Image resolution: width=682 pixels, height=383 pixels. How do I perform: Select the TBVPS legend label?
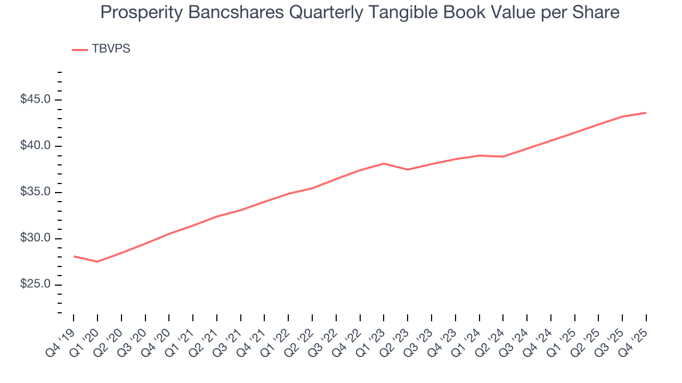point(111,49)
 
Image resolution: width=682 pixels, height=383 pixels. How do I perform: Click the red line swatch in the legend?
point(80,49)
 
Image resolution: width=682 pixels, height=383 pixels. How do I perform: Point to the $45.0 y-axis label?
point(36,100)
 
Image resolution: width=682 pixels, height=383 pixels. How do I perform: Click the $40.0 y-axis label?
point(36,146)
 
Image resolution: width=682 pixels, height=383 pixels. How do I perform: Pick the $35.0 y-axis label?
point(36,193)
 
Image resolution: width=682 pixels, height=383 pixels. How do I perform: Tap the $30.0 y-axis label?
point(36,238)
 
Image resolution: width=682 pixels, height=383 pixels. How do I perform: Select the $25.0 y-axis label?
point(36,285)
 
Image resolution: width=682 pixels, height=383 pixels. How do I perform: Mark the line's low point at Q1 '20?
point(98,262)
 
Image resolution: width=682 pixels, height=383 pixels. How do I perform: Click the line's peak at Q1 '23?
point(384,163)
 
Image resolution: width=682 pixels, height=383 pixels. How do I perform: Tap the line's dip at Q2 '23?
point(408,170)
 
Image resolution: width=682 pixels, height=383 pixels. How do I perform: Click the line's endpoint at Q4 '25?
point(646,113)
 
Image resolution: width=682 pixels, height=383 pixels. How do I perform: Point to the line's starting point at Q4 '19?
point(74,256)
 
